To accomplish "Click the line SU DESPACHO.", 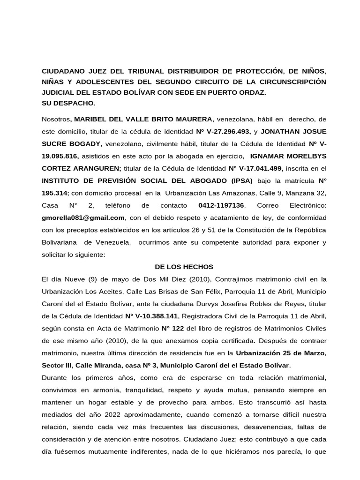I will pyautogui.click(x=68, y=102).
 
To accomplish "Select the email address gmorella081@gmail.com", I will pyautogui.click(x=83, y=217).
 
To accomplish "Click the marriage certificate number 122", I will pyautogui.click(x=174, y=328).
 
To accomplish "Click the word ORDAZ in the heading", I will pyautogui.click(x=253, y=92).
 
